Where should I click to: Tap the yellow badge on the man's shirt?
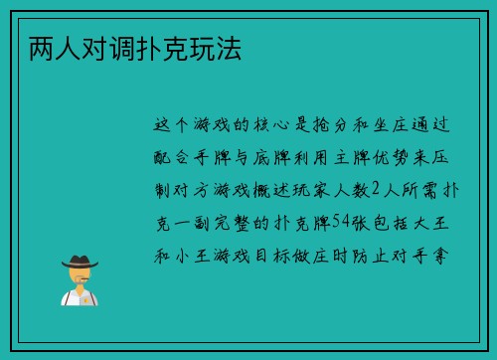pyautogui.click(x=86, y=297)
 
